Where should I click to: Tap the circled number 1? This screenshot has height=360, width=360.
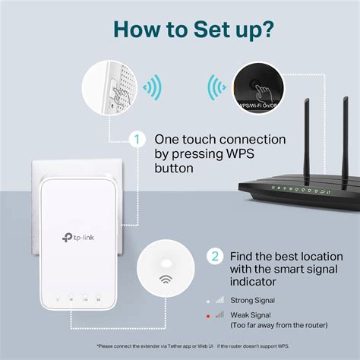pos(137,139)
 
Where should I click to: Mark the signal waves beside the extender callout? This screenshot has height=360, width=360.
pos(153,89)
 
